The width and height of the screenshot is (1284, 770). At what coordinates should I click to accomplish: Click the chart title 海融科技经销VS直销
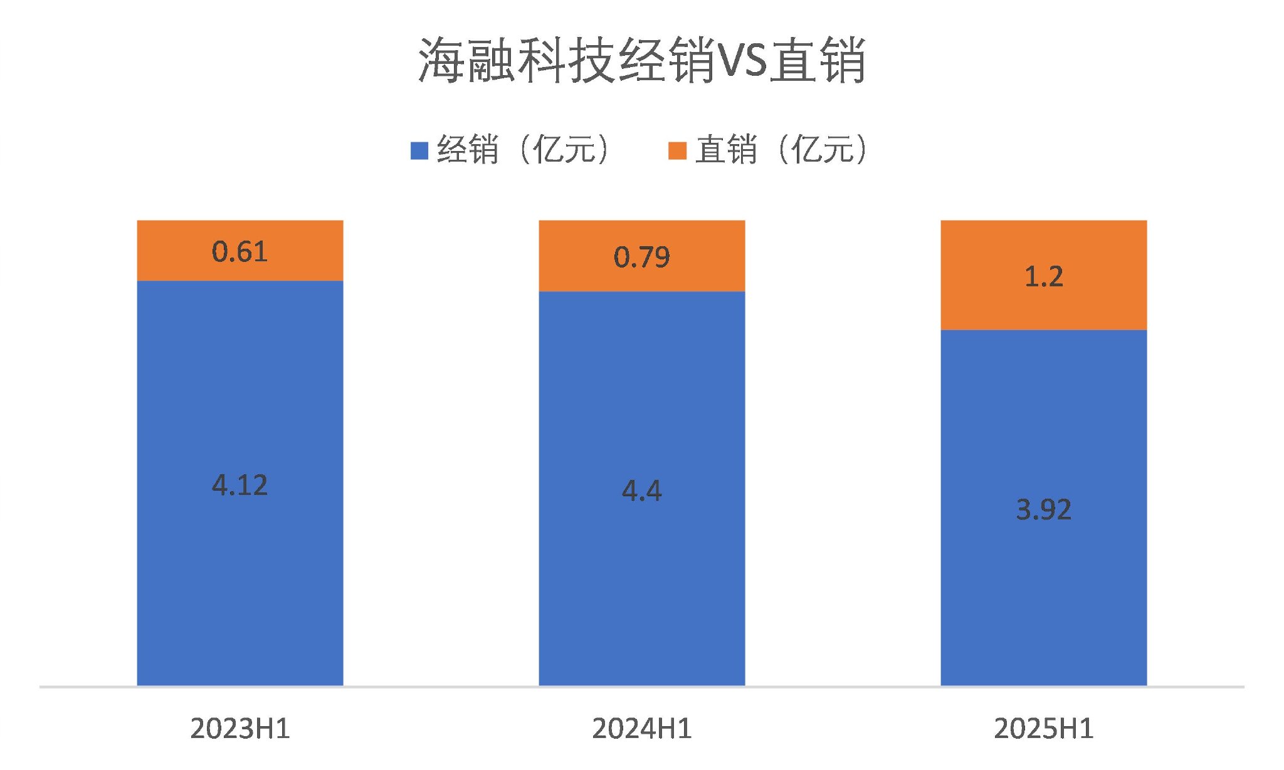(x=641, y=61)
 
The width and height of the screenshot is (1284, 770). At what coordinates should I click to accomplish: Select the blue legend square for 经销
(x=419, y=151)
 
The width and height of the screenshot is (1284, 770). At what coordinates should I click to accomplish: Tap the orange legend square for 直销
(x=677, y=151)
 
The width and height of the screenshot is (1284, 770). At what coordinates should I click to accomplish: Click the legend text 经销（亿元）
(x=523, y=150)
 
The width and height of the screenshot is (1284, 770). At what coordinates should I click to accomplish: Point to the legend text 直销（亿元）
(x=781, y=150)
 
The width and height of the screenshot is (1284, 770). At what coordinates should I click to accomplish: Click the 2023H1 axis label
(x=240, y=729)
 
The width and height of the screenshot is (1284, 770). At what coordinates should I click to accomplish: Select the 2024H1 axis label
(x=642, y=729)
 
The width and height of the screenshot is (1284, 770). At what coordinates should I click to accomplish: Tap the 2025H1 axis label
(x=1044, y=729)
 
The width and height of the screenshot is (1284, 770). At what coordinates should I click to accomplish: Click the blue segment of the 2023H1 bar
(x=240, y=564)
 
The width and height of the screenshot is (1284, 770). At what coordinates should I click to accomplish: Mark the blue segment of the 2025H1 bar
(x=1044, y=595)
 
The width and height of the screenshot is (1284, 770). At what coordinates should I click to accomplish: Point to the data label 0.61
(x=240, y=252)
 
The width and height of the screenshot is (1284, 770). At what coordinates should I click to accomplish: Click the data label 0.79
(x=642, y=257)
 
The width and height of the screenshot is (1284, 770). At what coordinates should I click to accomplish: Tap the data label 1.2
(x=1044, y=276)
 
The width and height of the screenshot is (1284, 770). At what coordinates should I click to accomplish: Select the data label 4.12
(x=240, y=485)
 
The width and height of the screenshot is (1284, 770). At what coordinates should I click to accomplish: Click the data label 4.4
(x=642, y=491)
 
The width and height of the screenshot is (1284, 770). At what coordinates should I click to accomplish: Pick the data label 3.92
(x=1044, y=509)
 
